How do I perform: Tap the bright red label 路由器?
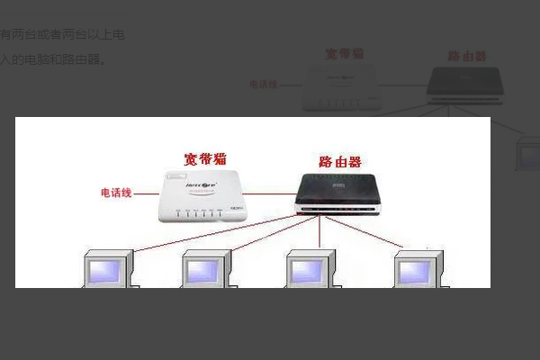339,162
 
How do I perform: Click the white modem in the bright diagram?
202,196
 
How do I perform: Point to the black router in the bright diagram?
342,193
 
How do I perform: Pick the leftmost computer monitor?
107,269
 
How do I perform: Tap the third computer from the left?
310,269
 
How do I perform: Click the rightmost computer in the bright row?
420,269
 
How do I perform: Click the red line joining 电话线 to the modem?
147,193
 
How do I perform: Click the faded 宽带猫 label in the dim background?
345,53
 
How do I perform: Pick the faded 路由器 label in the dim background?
468,56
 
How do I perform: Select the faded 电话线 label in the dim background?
263,85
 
